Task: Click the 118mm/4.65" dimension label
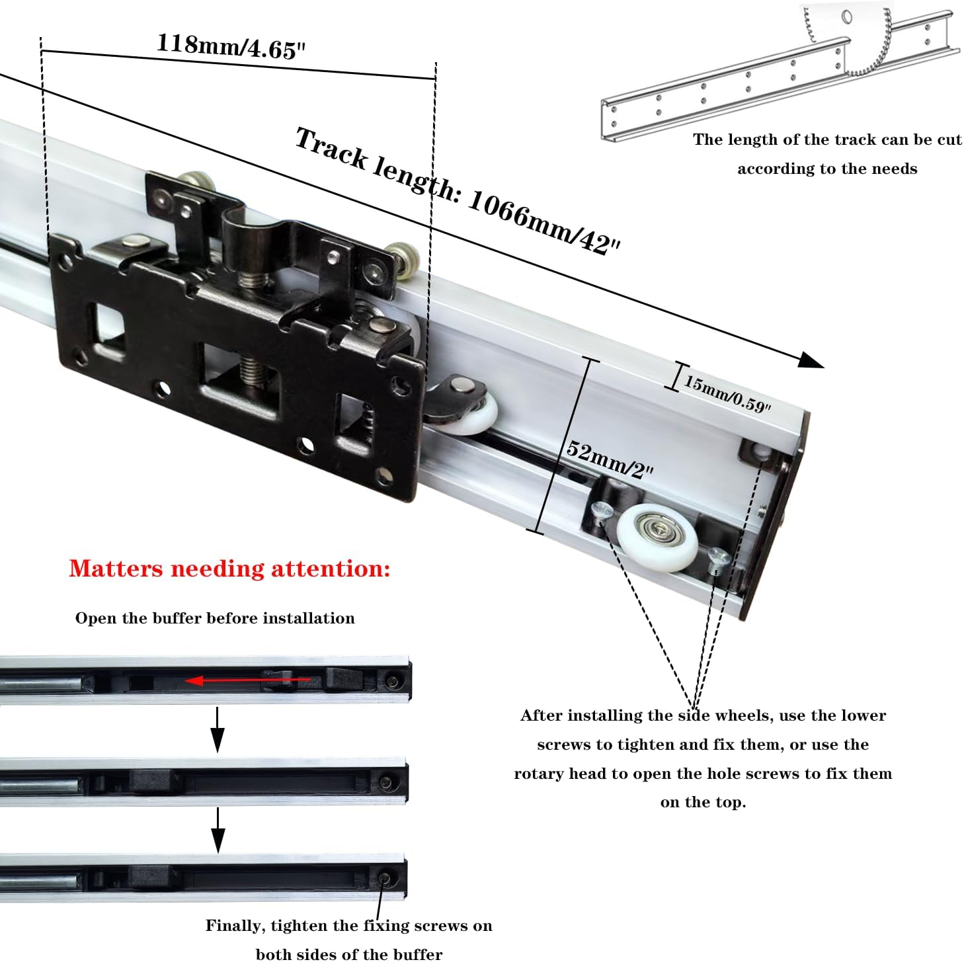(231, 46)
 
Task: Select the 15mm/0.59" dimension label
(727, 394)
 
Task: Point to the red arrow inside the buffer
(248, 680)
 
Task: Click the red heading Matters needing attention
(229, 569)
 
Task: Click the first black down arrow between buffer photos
(218, 730)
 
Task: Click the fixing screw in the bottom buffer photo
(385, 879)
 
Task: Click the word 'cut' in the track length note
(949, 140)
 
